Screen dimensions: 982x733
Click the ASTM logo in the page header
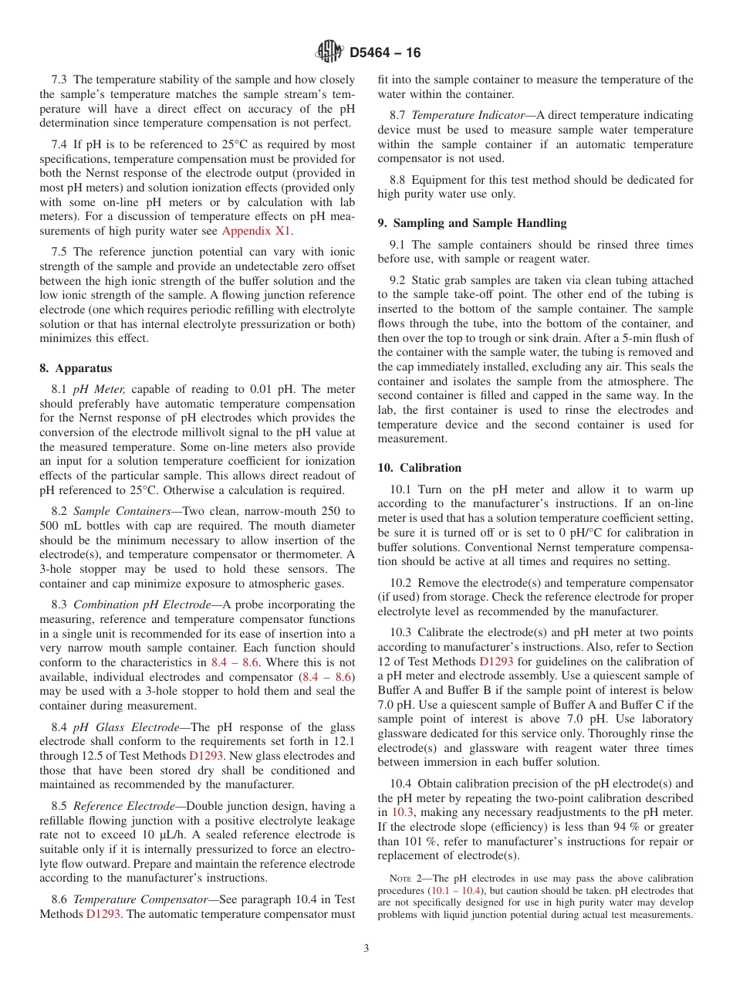click(329, 52)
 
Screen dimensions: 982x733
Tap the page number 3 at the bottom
click(366, 949)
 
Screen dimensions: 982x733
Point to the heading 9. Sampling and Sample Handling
click(472, 223)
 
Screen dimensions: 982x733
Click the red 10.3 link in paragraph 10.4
click(402, 812)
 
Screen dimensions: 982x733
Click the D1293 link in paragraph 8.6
click(103, 914)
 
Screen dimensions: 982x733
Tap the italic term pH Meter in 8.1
click(100, 390)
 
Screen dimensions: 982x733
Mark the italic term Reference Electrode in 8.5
click(123, 806)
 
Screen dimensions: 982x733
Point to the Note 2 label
click(404, 879)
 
